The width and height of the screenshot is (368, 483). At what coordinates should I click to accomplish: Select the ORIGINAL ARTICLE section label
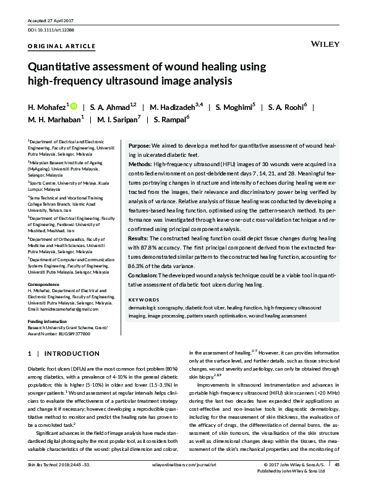point(62,46)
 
